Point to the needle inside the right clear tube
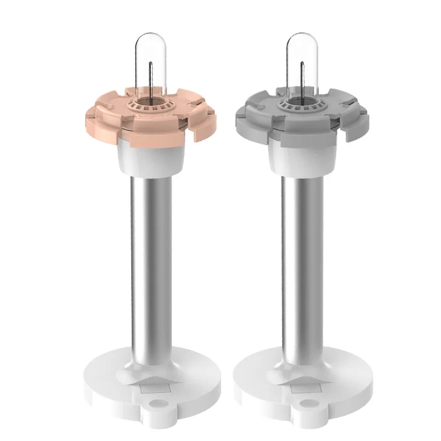(x=302, y=79)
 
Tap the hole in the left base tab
(x=156, y=405)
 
